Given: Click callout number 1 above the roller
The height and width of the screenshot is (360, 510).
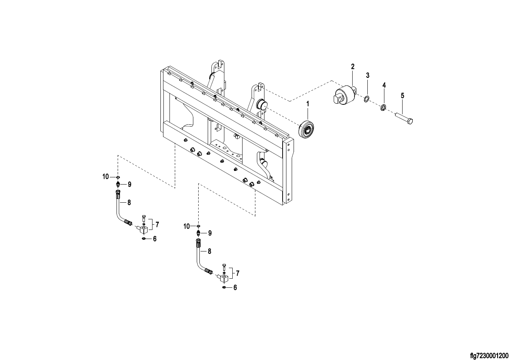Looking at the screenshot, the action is point(308,104).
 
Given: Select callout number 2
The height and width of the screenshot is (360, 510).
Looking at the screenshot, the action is point(353,67).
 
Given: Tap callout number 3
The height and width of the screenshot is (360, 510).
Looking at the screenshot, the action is point(368,75).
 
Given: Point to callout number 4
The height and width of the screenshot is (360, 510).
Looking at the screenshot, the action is point(384,85).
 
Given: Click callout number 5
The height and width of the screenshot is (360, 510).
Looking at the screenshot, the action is point(403,96).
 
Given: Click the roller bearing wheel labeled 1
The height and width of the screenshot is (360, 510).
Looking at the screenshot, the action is point(306,129).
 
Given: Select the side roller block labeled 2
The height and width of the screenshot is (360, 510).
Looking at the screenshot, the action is point(344,95).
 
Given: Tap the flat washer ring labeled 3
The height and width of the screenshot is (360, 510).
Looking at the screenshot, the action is point(367,99).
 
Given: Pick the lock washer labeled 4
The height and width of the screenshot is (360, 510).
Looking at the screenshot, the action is point(383,107).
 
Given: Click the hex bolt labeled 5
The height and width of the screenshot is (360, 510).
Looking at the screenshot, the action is point(404,119).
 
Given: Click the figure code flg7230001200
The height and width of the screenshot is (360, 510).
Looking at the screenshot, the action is point(489,355).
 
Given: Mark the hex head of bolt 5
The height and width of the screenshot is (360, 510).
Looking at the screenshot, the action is point(410,121).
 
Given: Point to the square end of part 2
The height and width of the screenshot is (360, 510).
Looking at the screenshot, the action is point(336,99).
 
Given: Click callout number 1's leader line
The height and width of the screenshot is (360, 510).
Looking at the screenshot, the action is point(308,114).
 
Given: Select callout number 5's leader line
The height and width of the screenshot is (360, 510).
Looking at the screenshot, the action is point(403,106).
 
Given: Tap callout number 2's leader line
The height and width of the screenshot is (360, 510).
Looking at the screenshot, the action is point(353,78).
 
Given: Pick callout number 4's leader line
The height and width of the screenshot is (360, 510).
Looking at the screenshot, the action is point(384,96).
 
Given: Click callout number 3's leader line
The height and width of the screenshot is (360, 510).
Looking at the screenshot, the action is point(368,87).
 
